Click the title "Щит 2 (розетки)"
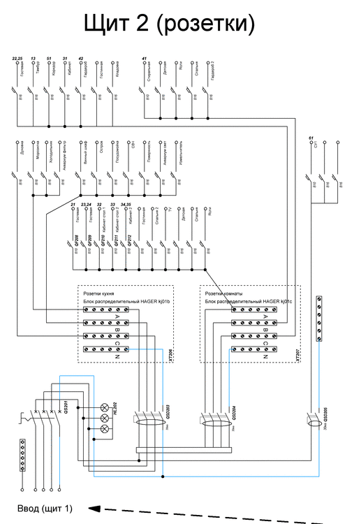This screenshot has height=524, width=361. point(168,24)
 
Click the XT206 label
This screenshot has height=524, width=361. point(170,356)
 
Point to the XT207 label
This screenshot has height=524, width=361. point(296,356)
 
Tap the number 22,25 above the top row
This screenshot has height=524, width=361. point(19,58)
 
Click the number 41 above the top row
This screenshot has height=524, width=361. point(144,58)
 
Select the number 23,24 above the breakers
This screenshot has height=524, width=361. point(87,203)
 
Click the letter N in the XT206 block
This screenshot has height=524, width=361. point(142,349)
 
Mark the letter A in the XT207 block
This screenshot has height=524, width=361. point(267,310)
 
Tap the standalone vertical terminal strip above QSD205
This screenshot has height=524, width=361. point(320,319)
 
